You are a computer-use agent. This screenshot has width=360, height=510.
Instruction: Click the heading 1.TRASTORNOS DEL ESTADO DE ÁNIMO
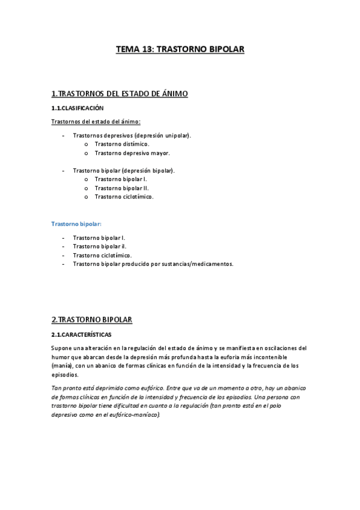coord(120,94)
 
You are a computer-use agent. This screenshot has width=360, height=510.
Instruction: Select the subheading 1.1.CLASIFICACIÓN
coord(78,108)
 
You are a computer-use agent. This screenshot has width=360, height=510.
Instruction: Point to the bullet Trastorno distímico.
coord(122,144)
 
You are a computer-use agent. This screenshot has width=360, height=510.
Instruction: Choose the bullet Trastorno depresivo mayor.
coord(128,153)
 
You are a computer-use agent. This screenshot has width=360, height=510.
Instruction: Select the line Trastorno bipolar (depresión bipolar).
coord(123,171)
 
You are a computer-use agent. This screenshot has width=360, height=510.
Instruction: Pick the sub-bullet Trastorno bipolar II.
coord(121,188)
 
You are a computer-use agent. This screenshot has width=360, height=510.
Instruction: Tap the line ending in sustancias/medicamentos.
coord(153,264)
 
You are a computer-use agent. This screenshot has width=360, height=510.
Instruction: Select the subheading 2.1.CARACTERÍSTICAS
coord(81,334)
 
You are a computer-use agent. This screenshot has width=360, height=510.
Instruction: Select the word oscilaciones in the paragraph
coord(288,348)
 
